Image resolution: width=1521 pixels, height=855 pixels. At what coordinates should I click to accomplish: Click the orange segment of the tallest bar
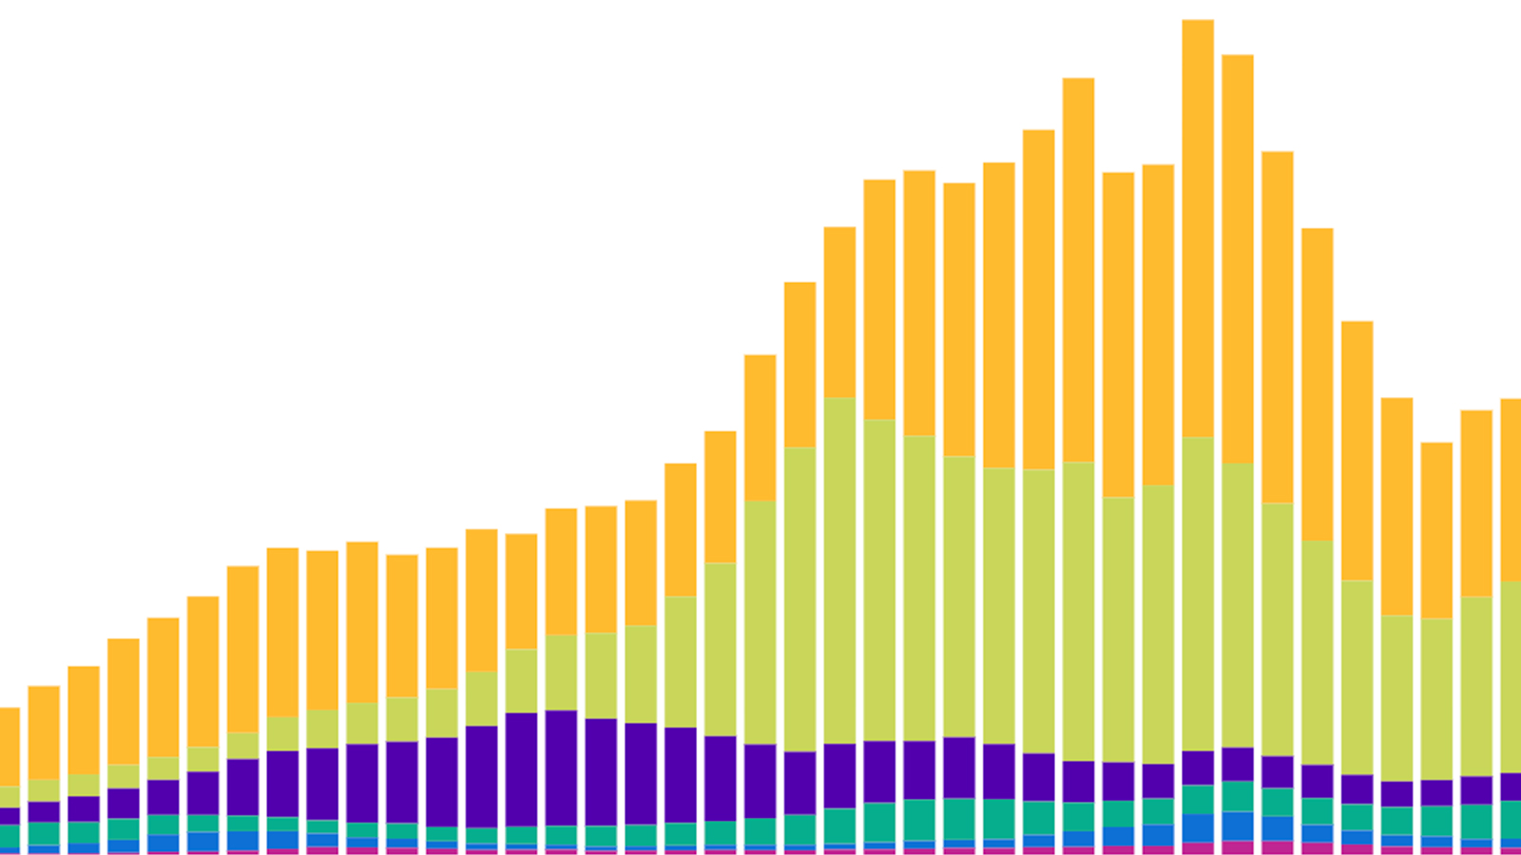point(1198,228)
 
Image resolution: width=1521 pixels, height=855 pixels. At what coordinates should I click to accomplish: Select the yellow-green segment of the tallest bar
point(1198,594)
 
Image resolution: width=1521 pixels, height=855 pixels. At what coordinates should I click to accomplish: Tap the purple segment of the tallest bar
point(1198,768)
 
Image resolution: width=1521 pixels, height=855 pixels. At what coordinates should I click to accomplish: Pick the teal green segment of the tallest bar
point(1198,799)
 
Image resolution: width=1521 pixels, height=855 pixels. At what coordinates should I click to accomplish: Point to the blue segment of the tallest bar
point(1198,827)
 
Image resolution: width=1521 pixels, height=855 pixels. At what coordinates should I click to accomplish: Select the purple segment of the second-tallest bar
point(1238,764)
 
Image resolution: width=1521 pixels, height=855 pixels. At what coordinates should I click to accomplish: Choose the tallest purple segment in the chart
point(561,768)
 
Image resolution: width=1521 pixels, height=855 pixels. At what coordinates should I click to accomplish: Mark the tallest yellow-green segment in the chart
point(839,570)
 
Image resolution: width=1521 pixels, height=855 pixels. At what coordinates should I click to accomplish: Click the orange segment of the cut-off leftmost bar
point(9,747)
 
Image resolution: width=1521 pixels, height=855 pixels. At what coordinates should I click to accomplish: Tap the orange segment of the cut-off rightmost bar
point(1511,490)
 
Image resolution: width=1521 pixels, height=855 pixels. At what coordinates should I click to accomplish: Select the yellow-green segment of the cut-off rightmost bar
point(1511,676)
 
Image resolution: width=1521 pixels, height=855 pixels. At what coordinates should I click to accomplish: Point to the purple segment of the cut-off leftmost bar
point(9,816)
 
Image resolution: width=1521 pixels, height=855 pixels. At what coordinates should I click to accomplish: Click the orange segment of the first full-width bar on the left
point(44,732)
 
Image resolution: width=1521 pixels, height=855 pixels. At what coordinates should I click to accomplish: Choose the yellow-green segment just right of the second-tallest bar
point(1278,629)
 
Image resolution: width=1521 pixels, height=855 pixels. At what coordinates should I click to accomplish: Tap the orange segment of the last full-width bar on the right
point(1476,503)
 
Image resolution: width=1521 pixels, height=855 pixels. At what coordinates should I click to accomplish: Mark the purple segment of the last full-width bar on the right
point(1476,789)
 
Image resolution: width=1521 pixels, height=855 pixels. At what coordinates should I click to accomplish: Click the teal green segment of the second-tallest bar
point(1238,796)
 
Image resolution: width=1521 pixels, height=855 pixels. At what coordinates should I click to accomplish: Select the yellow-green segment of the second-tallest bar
point(1238,605)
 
